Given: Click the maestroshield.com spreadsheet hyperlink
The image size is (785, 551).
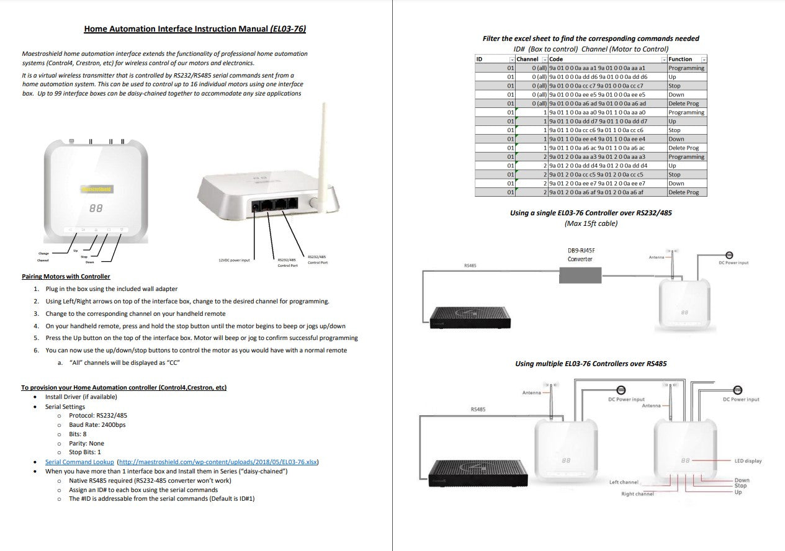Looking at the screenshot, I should [x=218, y=462].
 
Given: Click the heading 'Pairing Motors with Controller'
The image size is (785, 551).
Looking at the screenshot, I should [x=66, y=277].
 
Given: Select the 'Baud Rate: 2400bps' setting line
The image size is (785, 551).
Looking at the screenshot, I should [x=97, y=425].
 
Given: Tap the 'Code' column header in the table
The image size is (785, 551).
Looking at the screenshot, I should [x=556, y=59].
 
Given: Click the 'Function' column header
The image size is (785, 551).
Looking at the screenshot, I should [x=680, y=59].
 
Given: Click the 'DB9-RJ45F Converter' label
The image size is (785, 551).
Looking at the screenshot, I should [x=580, y=254].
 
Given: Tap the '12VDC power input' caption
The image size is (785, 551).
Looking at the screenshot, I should [x=234, y=260].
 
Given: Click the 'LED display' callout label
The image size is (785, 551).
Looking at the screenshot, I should [x=748, y=461].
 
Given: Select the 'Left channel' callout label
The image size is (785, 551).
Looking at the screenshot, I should [x=624, y=482].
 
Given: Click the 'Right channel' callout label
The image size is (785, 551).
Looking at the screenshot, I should [x=637, y=494].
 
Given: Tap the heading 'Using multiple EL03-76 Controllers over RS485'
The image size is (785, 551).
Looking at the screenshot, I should [x=591, y=364].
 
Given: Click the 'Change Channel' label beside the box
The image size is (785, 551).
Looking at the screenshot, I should [x=43, y=257].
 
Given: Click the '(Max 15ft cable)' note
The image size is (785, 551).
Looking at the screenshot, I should [x=591, y=223].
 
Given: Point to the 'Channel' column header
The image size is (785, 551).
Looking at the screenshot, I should [x=527, y=59].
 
